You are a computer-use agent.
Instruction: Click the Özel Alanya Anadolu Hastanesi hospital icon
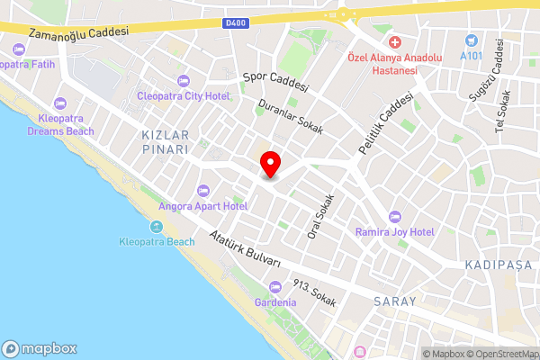(394, 41)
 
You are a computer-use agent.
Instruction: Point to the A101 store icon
(471, 40)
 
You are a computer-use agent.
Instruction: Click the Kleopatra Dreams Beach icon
(60, 103)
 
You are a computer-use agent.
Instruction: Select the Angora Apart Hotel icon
(202, 190)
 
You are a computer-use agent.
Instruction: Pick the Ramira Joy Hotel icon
(395, 216)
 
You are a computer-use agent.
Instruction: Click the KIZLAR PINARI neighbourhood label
(166, 141)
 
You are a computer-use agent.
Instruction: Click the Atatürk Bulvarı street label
(245, 248)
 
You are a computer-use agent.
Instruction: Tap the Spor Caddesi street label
(276, 83)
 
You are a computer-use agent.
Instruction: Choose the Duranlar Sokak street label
(292, 116)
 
